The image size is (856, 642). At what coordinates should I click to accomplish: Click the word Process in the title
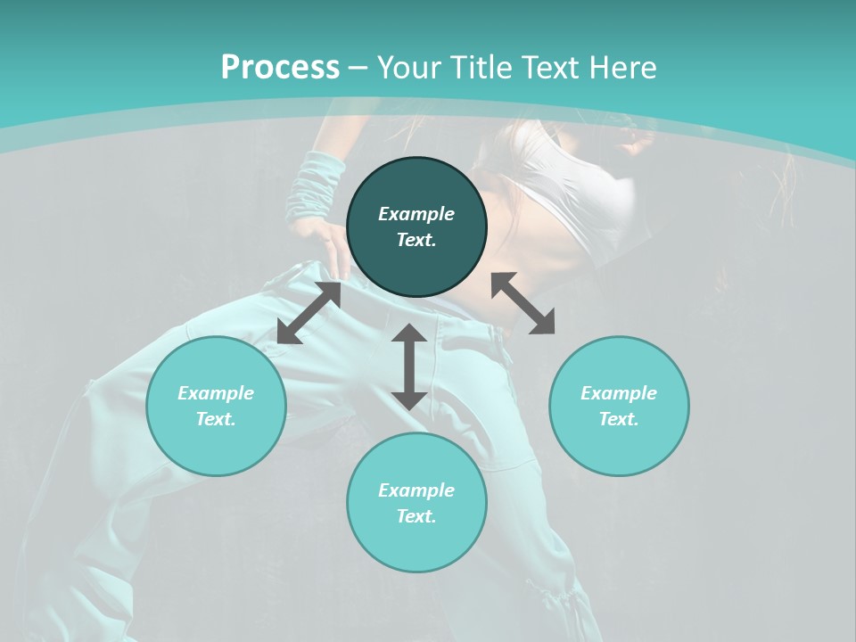[x=280, y=68]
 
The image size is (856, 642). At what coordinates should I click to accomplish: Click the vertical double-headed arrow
[x=409, y=366]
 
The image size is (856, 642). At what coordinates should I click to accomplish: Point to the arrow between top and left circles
[x=309, y=313]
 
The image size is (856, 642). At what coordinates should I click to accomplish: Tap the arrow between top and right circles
[x=523, y=303]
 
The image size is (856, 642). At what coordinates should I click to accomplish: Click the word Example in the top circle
[x=416, y=214]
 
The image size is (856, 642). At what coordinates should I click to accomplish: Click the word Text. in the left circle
[x=216, y=419]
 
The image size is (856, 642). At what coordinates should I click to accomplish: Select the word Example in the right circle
[x=619, y=393]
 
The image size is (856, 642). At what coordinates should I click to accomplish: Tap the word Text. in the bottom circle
[x=416, y=516]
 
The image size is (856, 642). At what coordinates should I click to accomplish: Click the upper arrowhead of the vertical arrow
[x=409, y=333]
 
